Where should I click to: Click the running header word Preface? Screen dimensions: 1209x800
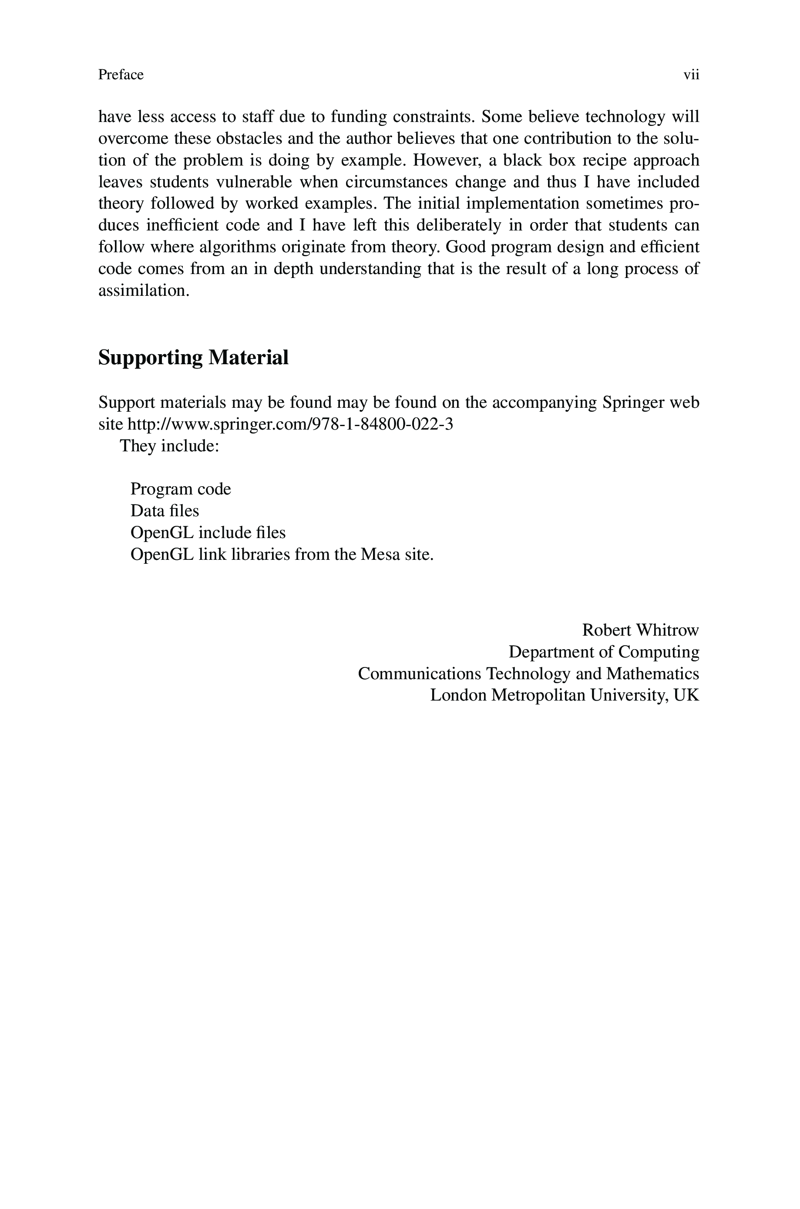point(121,75)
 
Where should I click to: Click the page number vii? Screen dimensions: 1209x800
point(691,75)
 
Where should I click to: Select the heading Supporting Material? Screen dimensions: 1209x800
point(193,357)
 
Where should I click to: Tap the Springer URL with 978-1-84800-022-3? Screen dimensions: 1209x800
point(290,424)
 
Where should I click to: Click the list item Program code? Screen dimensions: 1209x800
point(181,489)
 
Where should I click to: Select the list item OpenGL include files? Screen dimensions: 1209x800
point(208,532)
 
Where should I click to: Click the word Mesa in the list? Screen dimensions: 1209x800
point(380,555)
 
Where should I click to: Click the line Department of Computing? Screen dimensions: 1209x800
point(604,652)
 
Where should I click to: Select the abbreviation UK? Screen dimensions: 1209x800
point(686,695)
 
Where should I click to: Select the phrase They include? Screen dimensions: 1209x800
point(169,446)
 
